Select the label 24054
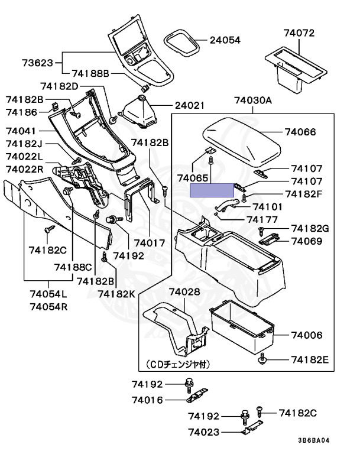click(x=225, y=41)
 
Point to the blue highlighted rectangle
click(x=212, y=190)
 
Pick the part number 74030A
click(x=252, y=100)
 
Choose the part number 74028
click(x=184, y=293)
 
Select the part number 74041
click(x=22, y=130)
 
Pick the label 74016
click(x=147, y=400)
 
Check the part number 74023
click(x=205, y=432)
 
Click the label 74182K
click(x=116, y=293)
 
